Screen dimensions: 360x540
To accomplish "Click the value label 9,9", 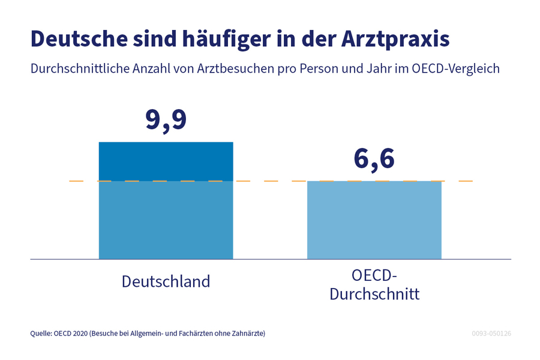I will click(x=166, y=119).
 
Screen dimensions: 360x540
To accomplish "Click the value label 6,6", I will click(x=374, y=160).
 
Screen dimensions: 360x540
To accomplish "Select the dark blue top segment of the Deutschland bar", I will click(x=166, y=161).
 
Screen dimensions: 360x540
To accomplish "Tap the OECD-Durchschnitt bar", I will click(x=374, y=220).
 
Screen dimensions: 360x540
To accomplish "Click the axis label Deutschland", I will click(x=166, y=281).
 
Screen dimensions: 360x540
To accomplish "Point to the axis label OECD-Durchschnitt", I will click(x=374, y=285).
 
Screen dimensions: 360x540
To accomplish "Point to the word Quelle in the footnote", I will click(x=40, y=333).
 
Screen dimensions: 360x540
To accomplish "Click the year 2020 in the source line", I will click(x=80, y=333).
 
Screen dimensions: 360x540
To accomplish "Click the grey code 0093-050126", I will click(x=491, y=333).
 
